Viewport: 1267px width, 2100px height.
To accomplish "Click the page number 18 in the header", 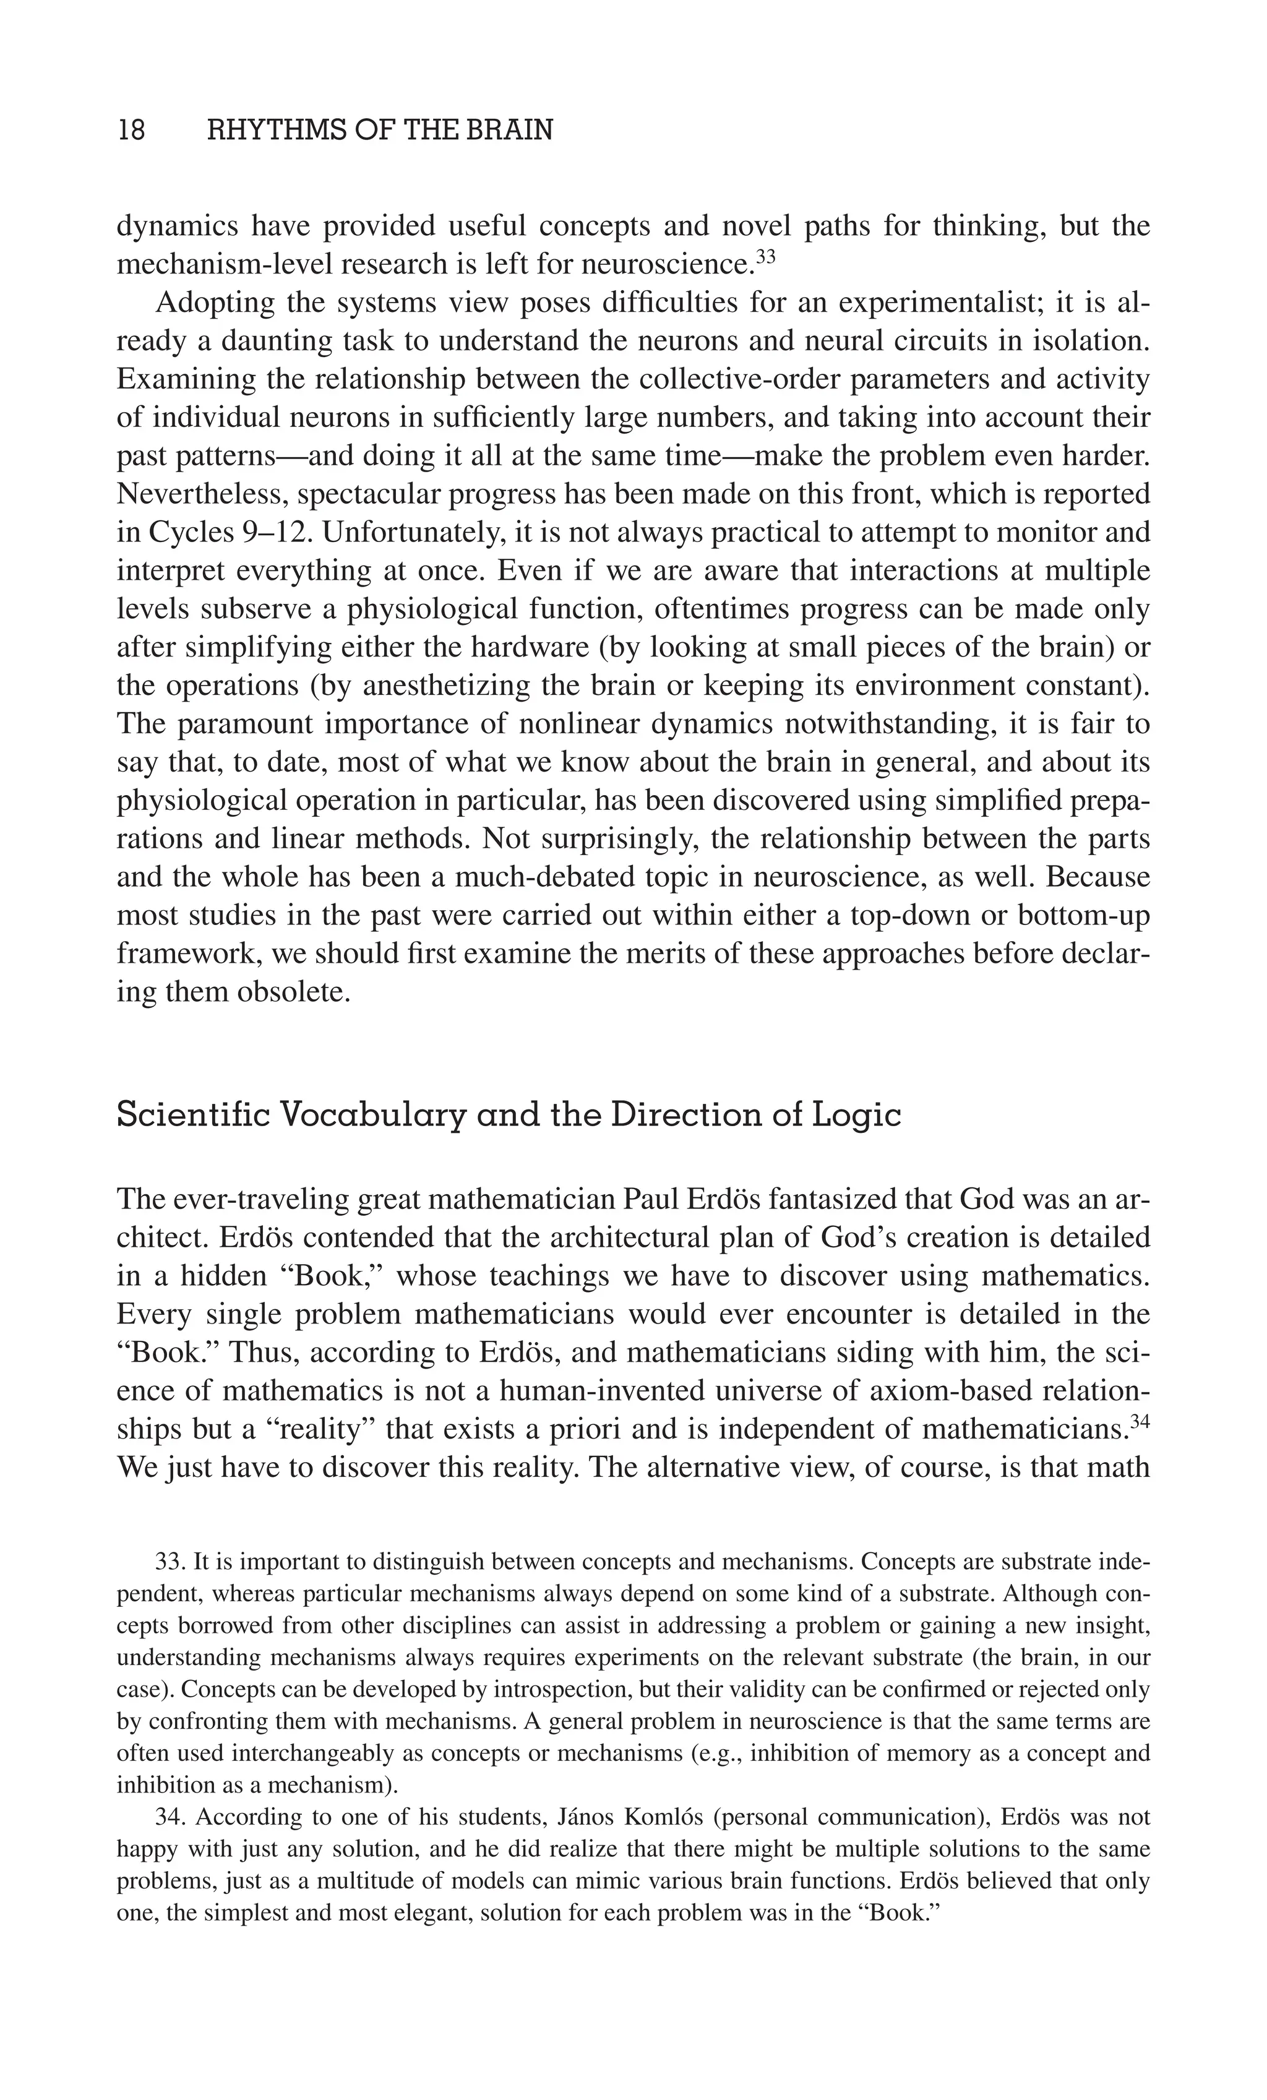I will pos(131,131).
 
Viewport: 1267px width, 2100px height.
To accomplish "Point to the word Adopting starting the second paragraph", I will pos(214,303).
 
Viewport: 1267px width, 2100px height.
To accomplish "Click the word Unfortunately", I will pos(416,533).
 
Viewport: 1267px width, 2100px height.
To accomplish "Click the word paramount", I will pos(247,725).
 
